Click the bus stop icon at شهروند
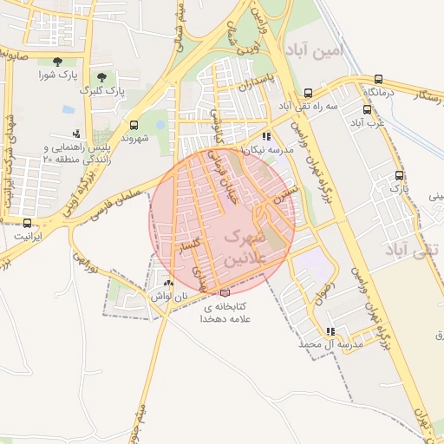click(x=134, y=125)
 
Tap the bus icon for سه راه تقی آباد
click(x=308, y=92)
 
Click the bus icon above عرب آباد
click(x=368, y=110)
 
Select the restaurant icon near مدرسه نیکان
click(x=266, y=136)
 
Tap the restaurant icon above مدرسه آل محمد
click(x=330, y=331)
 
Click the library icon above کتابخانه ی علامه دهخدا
click(x=225, y=293)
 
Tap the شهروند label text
click(x=135, y=139)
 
